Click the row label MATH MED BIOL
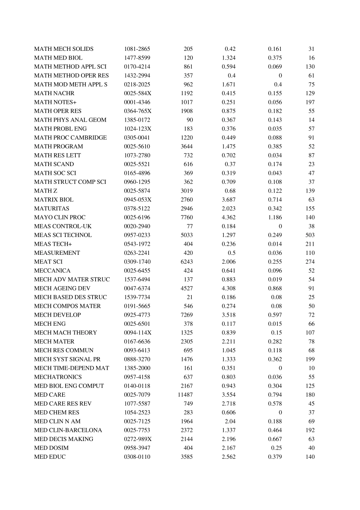pos(58,58)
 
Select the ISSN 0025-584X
pos(137,93)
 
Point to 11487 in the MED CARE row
pos(185,395)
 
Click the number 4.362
pos(229,217)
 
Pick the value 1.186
pos(275,217)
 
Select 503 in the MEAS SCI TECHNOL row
pos(310,235)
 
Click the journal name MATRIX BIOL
pos(54,199)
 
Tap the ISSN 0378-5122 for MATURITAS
pos(137,209)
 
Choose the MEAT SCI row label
pos(48,262)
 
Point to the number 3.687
pos(229,199)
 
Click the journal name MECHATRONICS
pos(58,377)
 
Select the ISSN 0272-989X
pos(138,439)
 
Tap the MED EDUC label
pos(50,457)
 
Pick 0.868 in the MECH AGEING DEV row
pos(275,288)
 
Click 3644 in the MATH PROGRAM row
pos(186,146)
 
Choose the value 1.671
pos(229,85)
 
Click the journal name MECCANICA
pos(52,271)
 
